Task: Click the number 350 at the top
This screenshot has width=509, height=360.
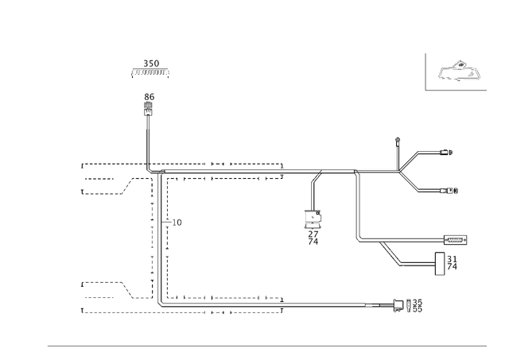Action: click(x=151, y=64)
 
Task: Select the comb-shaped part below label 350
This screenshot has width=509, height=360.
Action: click(x=150, y=73)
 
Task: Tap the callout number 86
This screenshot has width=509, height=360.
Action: click(x=150, y=97)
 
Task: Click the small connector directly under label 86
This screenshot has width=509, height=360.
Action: click(x=149, y=109)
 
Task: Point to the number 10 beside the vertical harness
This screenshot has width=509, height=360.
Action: click(x=177, y=223)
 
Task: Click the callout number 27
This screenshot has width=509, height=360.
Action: click(x=313, y=234)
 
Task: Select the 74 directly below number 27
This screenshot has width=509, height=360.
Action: click(x=313, y=242)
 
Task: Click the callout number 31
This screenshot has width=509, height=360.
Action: click(x=452, y=259)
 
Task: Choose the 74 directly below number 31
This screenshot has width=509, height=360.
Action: click(x=452, y=266)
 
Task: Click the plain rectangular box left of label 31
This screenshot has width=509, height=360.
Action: click(x=440, y=264)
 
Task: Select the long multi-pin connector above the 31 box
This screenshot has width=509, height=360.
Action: click(x=455, y=240)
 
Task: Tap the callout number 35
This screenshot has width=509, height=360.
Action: click(x=418, y=302)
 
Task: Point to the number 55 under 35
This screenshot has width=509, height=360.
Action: click(x=418, y=309)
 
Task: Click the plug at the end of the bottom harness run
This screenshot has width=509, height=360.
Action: click(x=398, y=305)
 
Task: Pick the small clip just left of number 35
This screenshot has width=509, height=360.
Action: click(x=409, y=305)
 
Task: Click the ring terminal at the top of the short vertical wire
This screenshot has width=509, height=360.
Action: click(x=398, y=140)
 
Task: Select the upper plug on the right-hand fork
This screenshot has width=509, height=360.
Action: click(x=446, y=152)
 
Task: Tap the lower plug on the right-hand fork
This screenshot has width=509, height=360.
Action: click(x=449, y=191)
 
